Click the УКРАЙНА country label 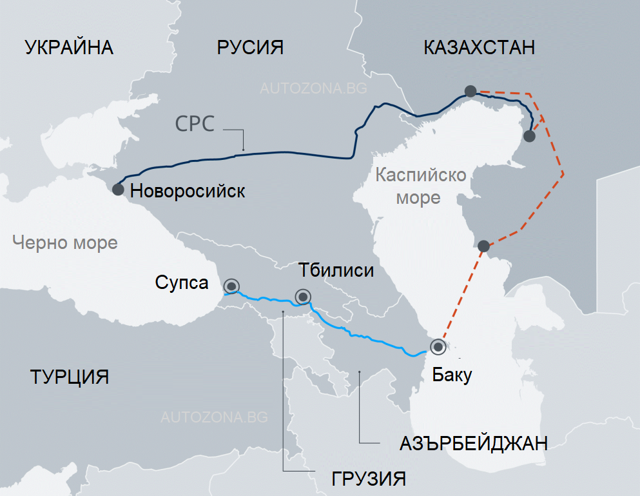[x=69, y=48]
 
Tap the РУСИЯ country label [x=250, y=48]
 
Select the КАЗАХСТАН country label [x=480, y=48]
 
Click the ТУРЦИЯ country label [x=69, y=377]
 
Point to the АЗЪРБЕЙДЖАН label [x=474, y=444]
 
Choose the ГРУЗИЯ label [x=369, y=479]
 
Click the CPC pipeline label [x=195, y=124]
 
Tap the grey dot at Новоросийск [x=118, y=190]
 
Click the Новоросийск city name [x=187, y=191]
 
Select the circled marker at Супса [x=231, y=286]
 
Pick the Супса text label [x=182, y=283]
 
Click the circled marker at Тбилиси [x=302, y=297]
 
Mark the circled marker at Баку [x=438, y=347]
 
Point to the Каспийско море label [x=420, y=186]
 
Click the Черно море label [x=65, y=243]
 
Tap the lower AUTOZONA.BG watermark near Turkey [x=213, y=417]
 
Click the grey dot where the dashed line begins [x=470, y=92]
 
